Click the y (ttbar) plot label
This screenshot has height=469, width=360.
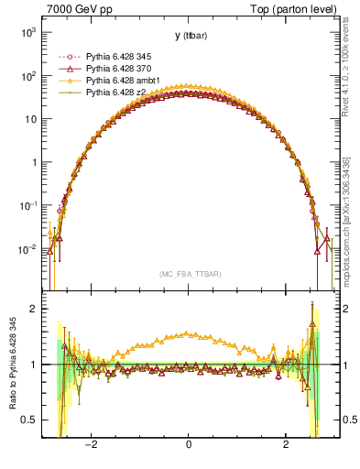point(188,36)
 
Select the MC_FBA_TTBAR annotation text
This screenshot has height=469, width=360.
point(188,274)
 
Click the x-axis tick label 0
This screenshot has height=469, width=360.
point(188,444)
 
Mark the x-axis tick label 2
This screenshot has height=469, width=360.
point(286,444)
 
